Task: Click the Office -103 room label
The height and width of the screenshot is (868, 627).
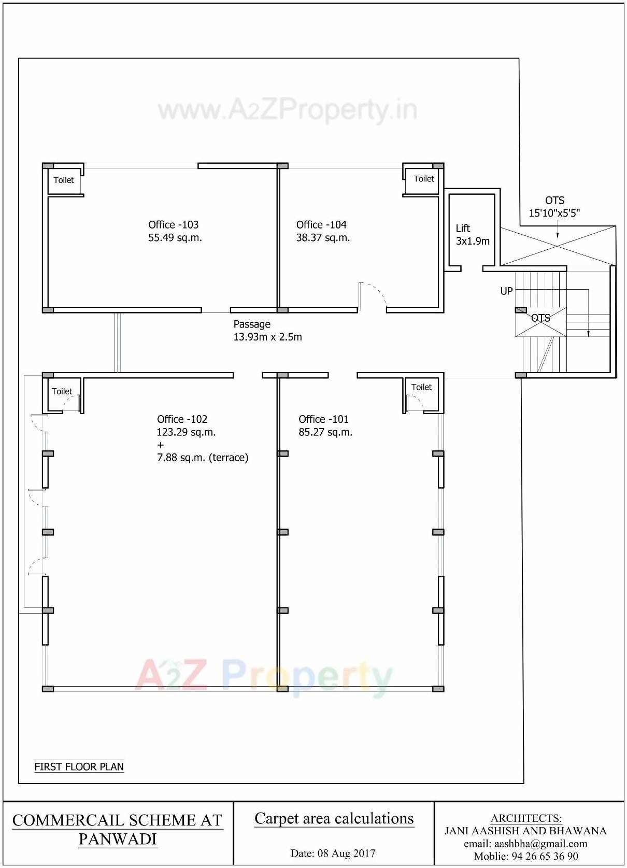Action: [173, 224]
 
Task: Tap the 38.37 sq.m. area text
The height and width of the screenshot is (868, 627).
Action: [323, 238]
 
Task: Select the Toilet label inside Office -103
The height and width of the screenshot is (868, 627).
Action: [64, 180]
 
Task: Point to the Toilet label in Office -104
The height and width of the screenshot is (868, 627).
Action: [423, 178]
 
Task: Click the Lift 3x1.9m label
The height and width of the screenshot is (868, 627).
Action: [472, 235]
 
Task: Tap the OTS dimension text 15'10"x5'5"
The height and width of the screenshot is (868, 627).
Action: [554, 213]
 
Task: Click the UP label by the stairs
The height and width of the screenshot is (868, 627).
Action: [506, 291]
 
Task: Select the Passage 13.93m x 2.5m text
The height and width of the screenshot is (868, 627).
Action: [267, 331]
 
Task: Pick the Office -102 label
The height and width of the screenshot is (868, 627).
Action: [182, 419]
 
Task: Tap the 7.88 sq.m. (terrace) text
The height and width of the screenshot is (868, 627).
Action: [203, 458]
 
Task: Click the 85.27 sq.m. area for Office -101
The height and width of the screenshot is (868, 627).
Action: [325, 432]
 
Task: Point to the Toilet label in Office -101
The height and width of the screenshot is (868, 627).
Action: [421, 387]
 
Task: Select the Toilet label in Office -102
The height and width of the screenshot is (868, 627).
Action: [62, 391]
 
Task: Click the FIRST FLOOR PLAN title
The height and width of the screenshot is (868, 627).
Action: [79, 766]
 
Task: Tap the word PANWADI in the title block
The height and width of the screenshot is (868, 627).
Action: [117, 839]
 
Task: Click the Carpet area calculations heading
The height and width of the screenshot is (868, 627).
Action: [334, 818]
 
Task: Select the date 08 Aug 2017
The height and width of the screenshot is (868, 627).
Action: [333, 853]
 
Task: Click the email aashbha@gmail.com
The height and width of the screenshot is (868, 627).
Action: [525, 844]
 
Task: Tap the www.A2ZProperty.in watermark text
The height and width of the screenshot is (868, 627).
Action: [287, 110]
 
